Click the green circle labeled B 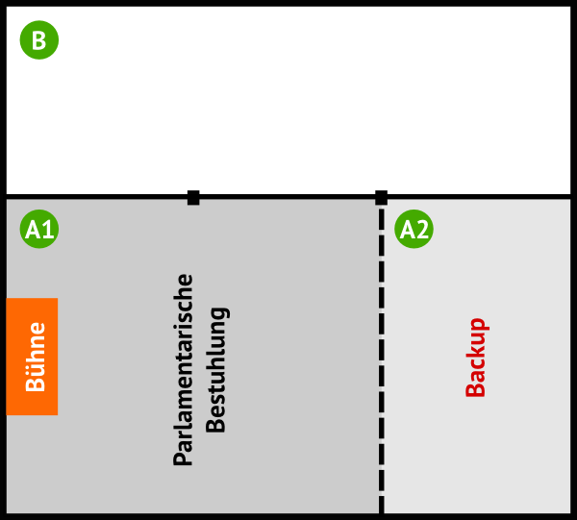coord(39,40)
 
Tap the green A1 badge coord(39,230)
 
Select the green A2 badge coord(414,230)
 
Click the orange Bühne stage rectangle coord(32,357)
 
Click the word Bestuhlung coord(216,370)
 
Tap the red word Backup coord(476,358)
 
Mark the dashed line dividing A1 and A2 coord(381,365)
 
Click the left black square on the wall coord(193,198)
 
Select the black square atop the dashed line coord(381,198)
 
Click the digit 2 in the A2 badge coord(422,231)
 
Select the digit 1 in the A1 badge coord(47,231)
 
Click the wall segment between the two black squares coord(288,197)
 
